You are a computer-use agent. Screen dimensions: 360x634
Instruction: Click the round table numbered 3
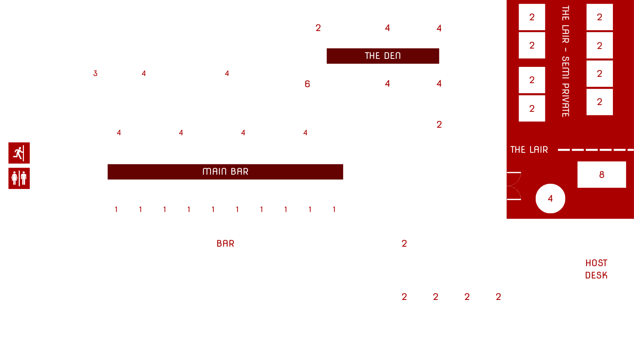[96, 74]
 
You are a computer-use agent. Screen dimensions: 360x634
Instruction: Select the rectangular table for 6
[307, 84]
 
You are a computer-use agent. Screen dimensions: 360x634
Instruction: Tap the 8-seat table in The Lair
[601, 175]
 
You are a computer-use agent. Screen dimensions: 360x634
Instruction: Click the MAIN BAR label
[225, 171]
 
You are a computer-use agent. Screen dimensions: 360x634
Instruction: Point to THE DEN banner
[382, 56]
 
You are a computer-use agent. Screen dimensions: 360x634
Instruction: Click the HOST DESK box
[596, 269]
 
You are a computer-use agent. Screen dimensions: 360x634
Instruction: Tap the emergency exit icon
[19, 153]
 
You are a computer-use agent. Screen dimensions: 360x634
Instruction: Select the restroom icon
[19, 178]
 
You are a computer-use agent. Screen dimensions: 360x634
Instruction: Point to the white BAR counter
[225, 244]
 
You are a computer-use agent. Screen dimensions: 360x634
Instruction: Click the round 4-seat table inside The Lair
[550, 198]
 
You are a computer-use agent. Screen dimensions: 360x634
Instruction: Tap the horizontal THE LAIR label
[529, 150]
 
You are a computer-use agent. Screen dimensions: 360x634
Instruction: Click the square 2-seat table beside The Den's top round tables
[318, 28]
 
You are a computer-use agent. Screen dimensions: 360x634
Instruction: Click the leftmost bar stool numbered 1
[116, 210]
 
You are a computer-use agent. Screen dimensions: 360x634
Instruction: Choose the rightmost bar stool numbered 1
[334, 210]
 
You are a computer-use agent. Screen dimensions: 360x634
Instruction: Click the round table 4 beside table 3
[144, 74]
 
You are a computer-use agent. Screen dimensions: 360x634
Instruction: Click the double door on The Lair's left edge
[514, 186]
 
